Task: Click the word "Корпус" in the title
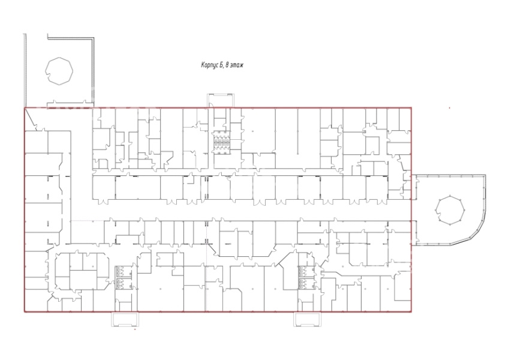pyautogui.click(x=210, y=65)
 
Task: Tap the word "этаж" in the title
pyautogui.click(x=237, y=65)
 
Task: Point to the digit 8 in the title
pyautogui.click(x=227, y=65)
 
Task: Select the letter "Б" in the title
pyautogui.click(x=221, y=65)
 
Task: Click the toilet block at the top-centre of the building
pyautogui.click(x=221, y=142)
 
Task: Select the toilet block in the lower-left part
pyautogui.click(x=120, y=277)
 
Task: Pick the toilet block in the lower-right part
pyautogui.click(x=302, y=277)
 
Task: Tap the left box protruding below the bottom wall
pyautogui.click(x=125, y=319)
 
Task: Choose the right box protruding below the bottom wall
pyautogui.click(x=308, y=319)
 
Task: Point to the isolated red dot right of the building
pyautogui.click(x=450, y=108)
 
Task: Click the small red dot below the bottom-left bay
pyautogui.click(x=135, y=329)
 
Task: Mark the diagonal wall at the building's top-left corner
pyautogui.click(x=31, y=119)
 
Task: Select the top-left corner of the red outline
pyautogui.click(x=25, y=107)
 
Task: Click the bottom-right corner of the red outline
pyautogui.click(x=411, y=312)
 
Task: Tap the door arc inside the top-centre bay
pyautogui.click(x=210, y=104)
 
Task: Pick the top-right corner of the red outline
pyautogui.click(x=411, y=107)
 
